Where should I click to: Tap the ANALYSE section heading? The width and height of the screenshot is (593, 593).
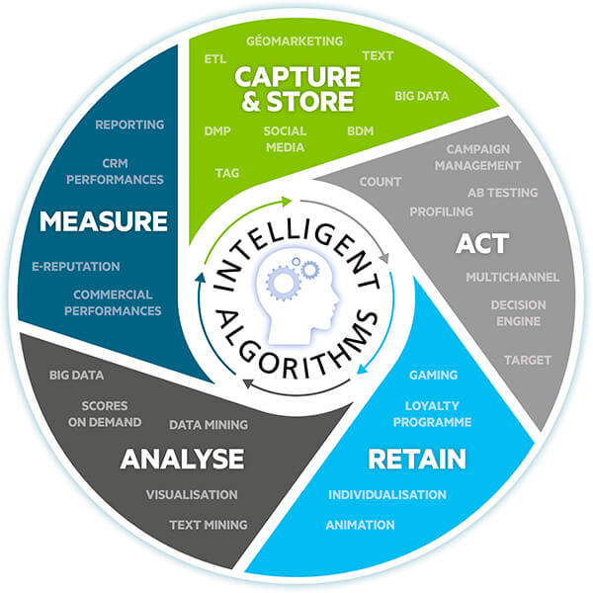click(182, 459)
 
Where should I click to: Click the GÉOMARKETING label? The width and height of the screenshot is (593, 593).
click(295, 42)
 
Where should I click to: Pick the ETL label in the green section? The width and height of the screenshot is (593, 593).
click(215, 59)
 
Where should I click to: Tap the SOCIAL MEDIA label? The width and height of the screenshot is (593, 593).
click(285, 139)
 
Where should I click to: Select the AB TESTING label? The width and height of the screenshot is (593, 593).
click(502, 193)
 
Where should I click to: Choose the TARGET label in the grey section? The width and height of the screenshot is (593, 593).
click(527, 360)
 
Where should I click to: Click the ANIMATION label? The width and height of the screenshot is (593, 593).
click(360, 525)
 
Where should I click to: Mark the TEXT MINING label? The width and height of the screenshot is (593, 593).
click(208, 525)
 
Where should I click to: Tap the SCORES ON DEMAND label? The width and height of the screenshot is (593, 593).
click(112, 414)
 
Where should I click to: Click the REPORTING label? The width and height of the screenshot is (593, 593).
click(129, 126)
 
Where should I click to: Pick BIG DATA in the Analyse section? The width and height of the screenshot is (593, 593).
click(77, 376)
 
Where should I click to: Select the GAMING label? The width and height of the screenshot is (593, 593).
click(433, 376)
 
